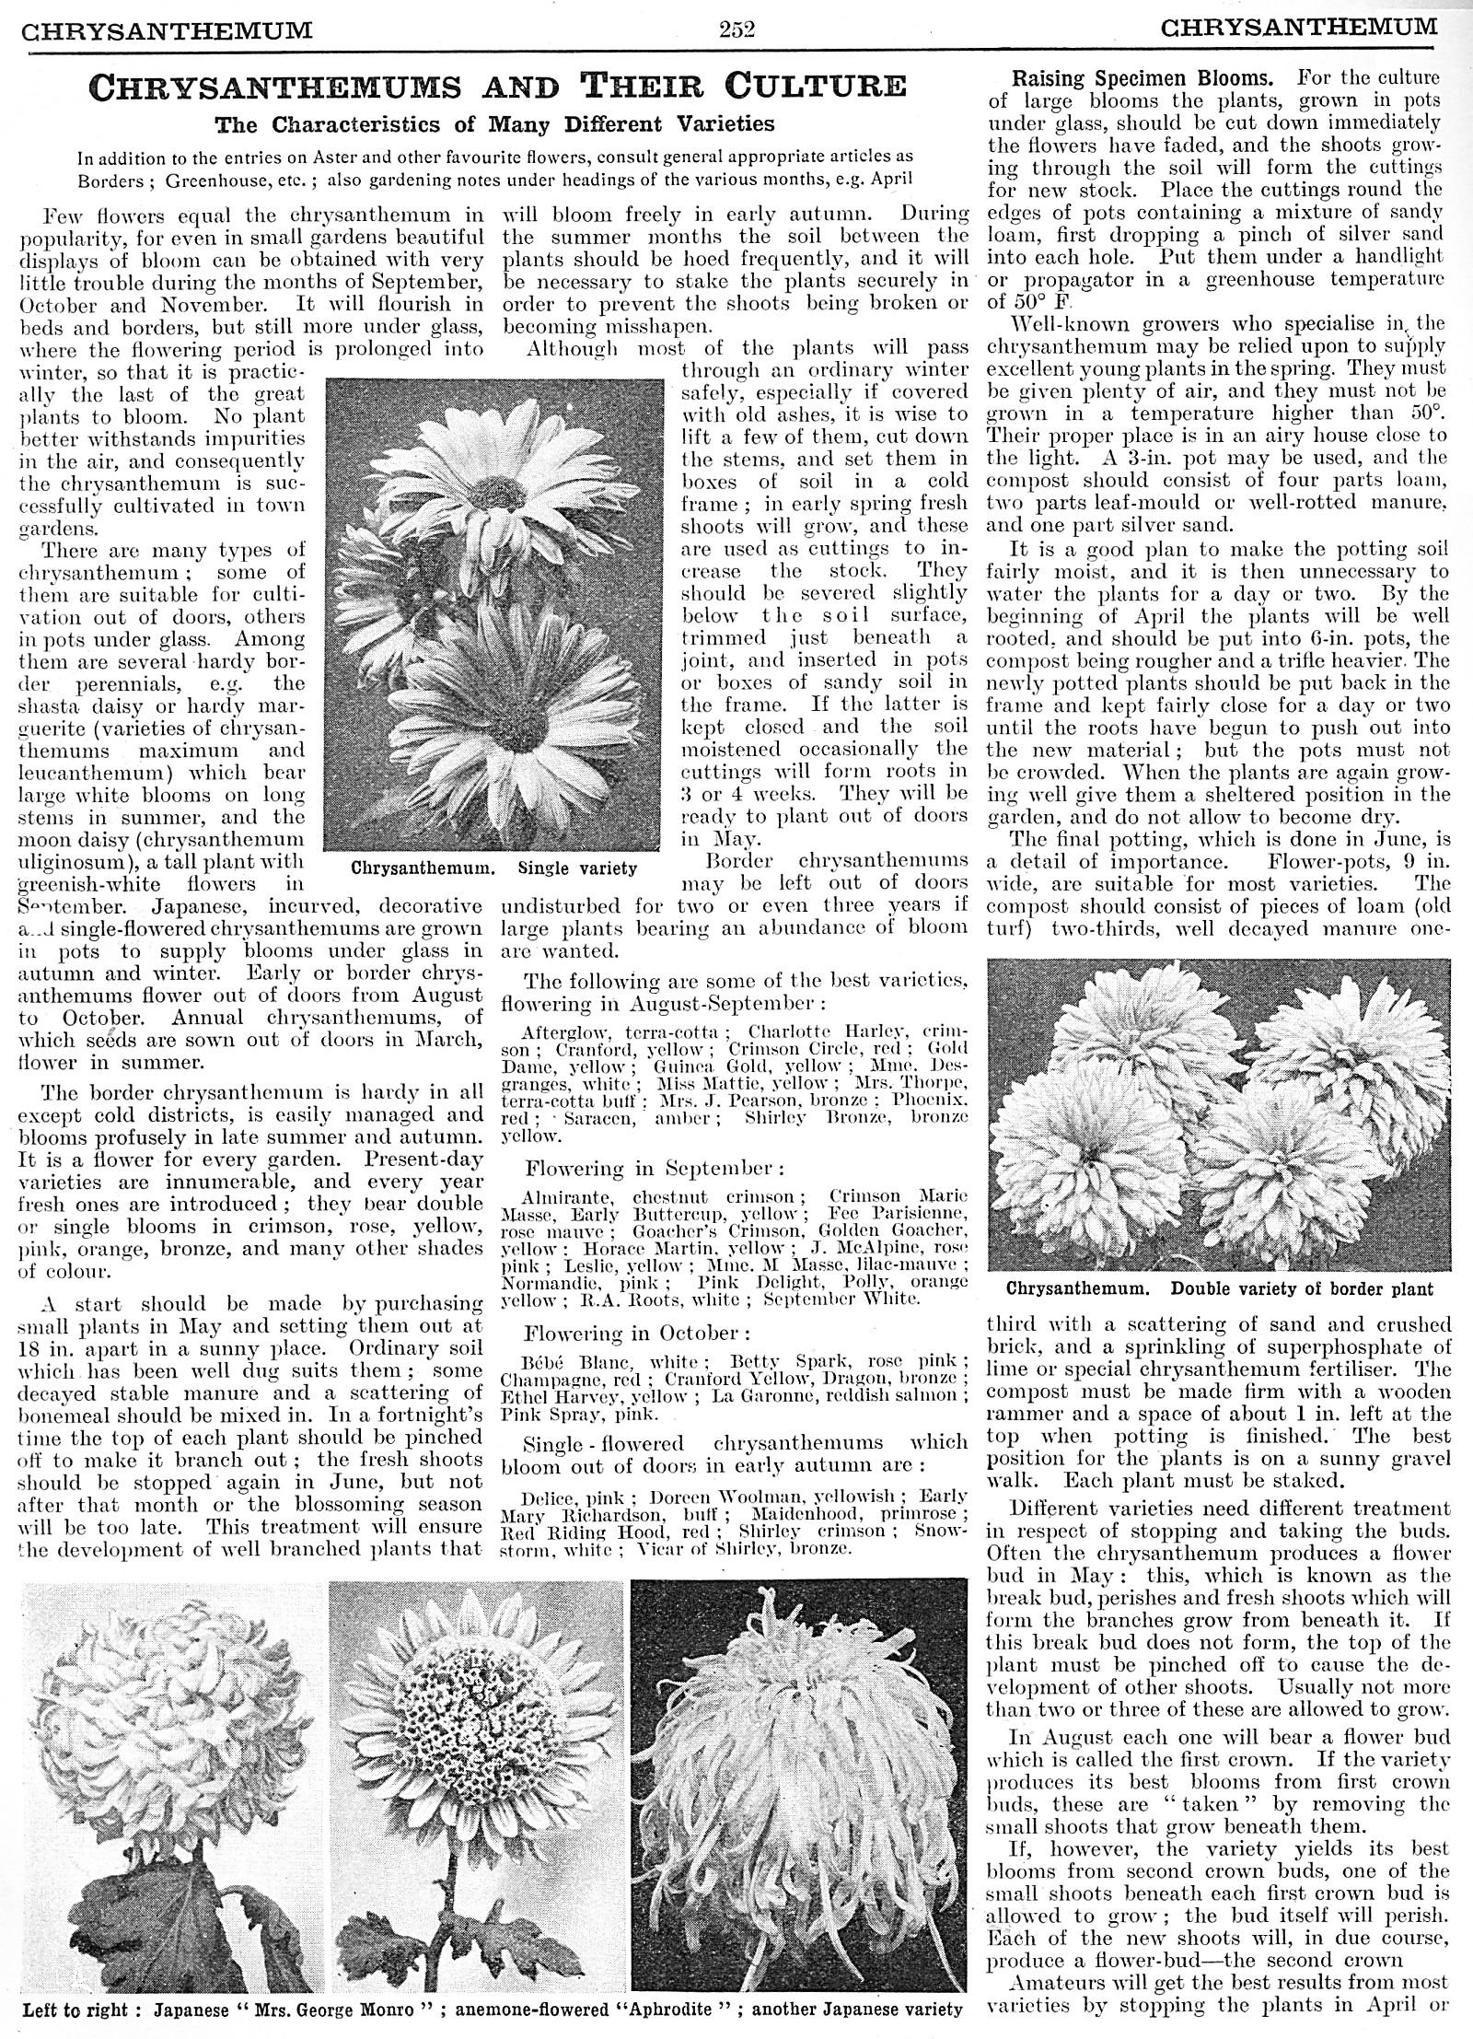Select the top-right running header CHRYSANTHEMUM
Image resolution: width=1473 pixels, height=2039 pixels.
(1298, 29)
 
